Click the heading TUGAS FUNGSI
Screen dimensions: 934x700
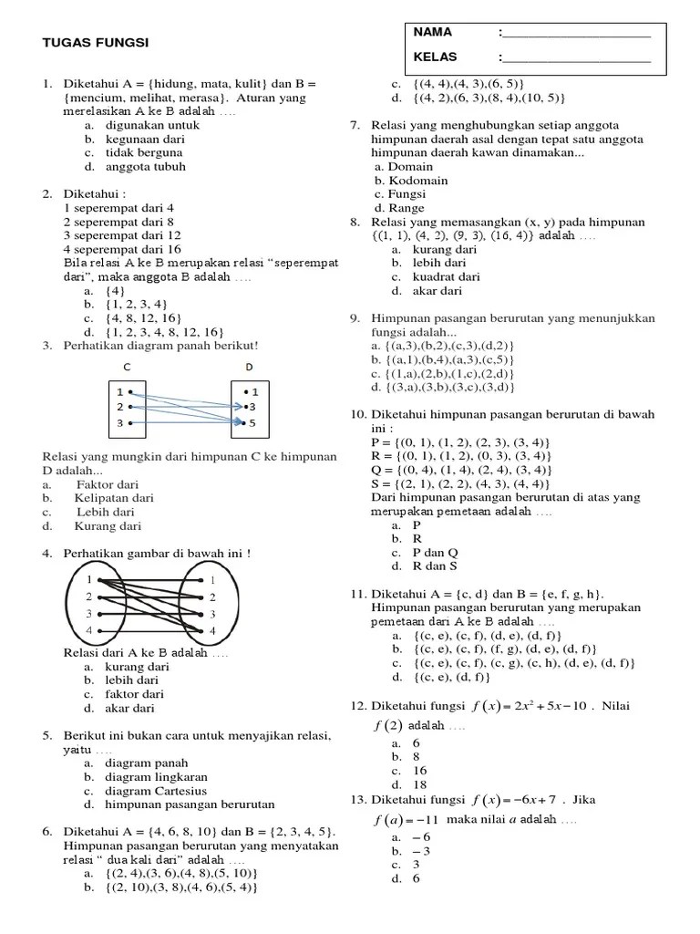tap(97, 43)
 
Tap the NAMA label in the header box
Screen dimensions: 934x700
tap(433, 32)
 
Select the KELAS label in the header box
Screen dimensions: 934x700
tap(436, 57)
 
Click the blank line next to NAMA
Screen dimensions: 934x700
tap(577, 35)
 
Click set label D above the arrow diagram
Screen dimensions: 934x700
tap(250, 366)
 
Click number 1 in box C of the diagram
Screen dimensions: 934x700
tap(119, 390)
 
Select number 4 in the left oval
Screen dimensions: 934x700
tap(88, 630)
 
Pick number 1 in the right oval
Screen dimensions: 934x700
tap(211, 580)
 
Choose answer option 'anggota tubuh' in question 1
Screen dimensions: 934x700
tap(145, 167)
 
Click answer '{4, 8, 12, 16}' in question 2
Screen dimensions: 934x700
tap(140, 318)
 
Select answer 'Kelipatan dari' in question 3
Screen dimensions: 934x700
tap(115, 498)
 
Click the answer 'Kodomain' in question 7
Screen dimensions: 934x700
tap(417, 181)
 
